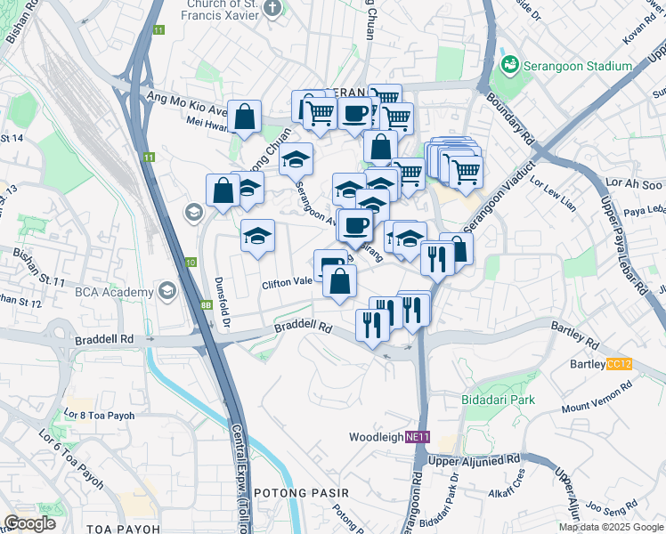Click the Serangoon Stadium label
click(x=563, y=64)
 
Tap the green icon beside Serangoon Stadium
click(x=510, y=64)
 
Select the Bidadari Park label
click(x=499, y=400)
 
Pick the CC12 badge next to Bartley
click(x=618, y=364)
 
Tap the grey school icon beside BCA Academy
click(x=166, y=292)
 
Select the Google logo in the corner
click(x=29, y=523)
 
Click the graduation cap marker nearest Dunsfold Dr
click(x=257, y=236)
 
